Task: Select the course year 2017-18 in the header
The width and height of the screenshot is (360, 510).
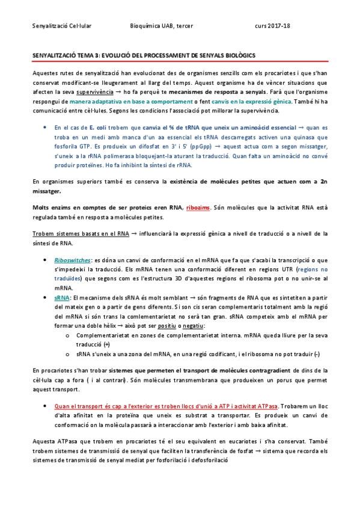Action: pyautogui.click(x=281, y=26)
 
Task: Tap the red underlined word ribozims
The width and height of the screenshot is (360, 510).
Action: pyautogui.click(x=198, y=207)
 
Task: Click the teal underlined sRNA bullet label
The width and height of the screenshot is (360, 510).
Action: pyautogui.click(x=61, y=298)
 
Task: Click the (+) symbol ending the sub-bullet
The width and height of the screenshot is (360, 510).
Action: pyautogui.click(x=106, y=345)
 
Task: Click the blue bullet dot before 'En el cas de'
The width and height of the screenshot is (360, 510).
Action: pyautogui.click(x=46, y=128)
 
